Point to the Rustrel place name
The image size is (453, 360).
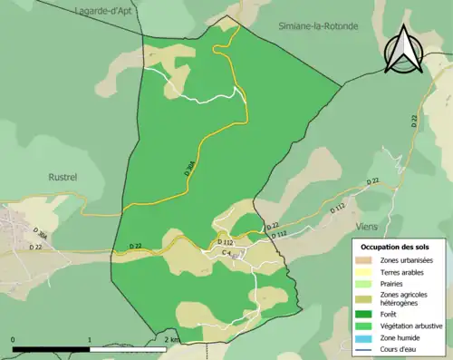(x=68, y=178)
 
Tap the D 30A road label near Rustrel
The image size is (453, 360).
(x=40, y=233)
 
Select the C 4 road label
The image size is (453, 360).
(x=227, y=252)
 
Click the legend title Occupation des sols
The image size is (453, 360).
(x=395, y=247)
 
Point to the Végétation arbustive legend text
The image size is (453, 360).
(x=411, y=325)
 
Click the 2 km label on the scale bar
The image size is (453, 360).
(x=172, y=339)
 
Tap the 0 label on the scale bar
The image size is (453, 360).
(x=14, y=339)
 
